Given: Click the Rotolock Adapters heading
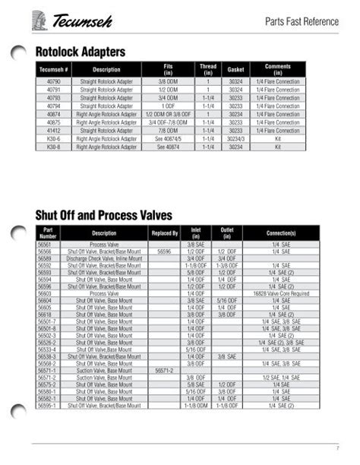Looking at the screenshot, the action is click(81, 52).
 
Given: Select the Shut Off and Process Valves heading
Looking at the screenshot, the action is click(104, 215).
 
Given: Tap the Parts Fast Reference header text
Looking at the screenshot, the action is click(302, 21).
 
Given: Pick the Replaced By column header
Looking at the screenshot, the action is click(165, 233).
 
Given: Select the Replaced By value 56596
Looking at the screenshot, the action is click(165, 251).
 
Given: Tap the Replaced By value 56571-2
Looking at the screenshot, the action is click(165, 369).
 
